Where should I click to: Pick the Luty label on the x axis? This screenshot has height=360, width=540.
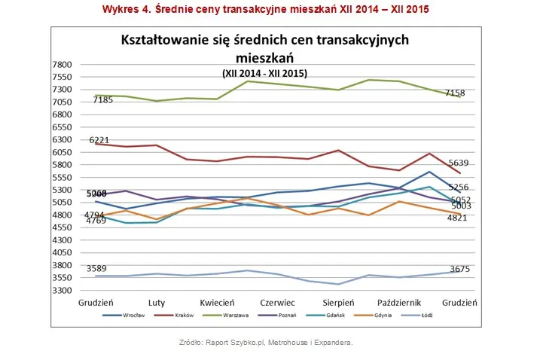(x=157, y=302)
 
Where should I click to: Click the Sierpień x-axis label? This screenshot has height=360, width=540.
(x=340, y=302)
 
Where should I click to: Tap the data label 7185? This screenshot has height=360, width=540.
(x=102, y=99)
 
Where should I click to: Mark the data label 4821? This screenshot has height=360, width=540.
(x=480, y=218)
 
